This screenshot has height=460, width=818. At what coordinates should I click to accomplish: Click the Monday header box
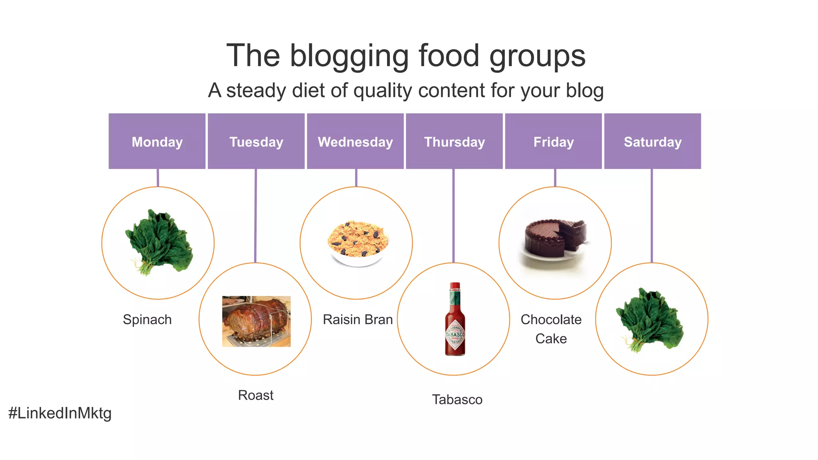(157, 141)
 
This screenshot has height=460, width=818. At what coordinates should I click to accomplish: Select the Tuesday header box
(256, 141)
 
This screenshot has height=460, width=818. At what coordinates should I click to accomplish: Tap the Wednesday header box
(355, 141)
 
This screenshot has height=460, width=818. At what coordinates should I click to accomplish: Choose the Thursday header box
(454, 141)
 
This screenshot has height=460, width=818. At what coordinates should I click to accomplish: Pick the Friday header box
(553, 141)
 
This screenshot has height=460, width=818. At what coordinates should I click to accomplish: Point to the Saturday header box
(652, 141)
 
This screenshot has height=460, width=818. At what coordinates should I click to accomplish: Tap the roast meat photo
(256, 321)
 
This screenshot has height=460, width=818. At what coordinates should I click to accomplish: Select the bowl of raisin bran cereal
(357, 243)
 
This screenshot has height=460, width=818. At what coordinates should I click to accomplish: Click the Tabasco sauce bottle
(455, 321)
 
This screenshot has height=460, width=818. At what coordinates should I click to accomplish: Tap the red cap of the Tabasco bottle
(455, 286)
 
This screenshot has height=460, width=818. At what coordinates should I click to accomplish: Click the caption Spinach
(147, 319)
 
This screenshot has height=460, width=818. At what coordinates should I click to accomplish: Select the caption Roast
(256, 395)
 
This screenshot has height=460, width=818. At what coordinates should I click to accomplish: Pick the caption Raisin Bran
(357, 319)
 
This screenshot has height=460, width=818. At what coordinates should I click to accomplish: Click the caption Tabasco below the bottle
(457, 399)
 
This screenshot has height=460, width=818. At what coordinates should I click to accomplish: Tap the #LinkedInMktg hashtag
(60, 413)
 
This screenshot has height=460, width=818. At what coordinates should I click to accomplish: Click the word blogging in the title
(349, 56)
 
